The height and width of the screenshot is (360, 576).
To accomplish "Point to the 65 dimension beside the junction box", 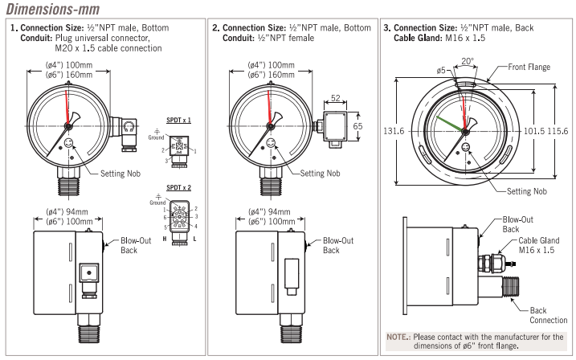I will point(358,126).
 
